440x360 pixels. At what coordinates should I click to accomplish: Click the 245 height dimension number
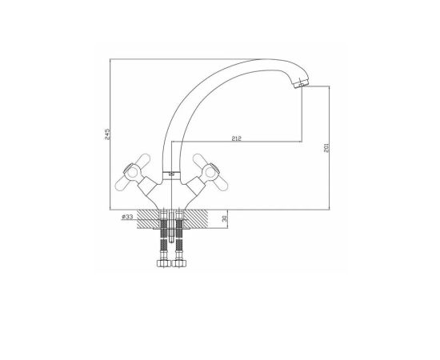coord(107,134)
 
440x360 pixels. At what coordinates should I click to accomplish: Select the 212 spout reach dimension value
coord(236,138)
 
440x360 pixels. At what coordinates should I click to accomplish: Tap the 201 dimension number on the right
coord(326,147)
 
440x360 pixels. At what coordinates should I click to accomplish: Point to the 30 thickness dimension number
coord(224,219)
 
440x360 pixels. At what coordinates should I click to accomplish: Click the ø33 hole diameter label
coord(127,217)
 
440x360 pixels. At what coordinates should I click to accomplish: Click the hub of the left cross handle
coord(131,172)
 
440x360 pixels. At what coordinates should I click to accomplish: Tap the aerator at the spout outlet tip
coord(301,84)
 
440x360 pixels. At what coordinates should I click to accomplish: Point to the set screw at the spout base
coord(171,174)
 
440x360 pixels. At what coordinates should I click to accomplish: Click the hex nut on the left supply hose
coord(163,263)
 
